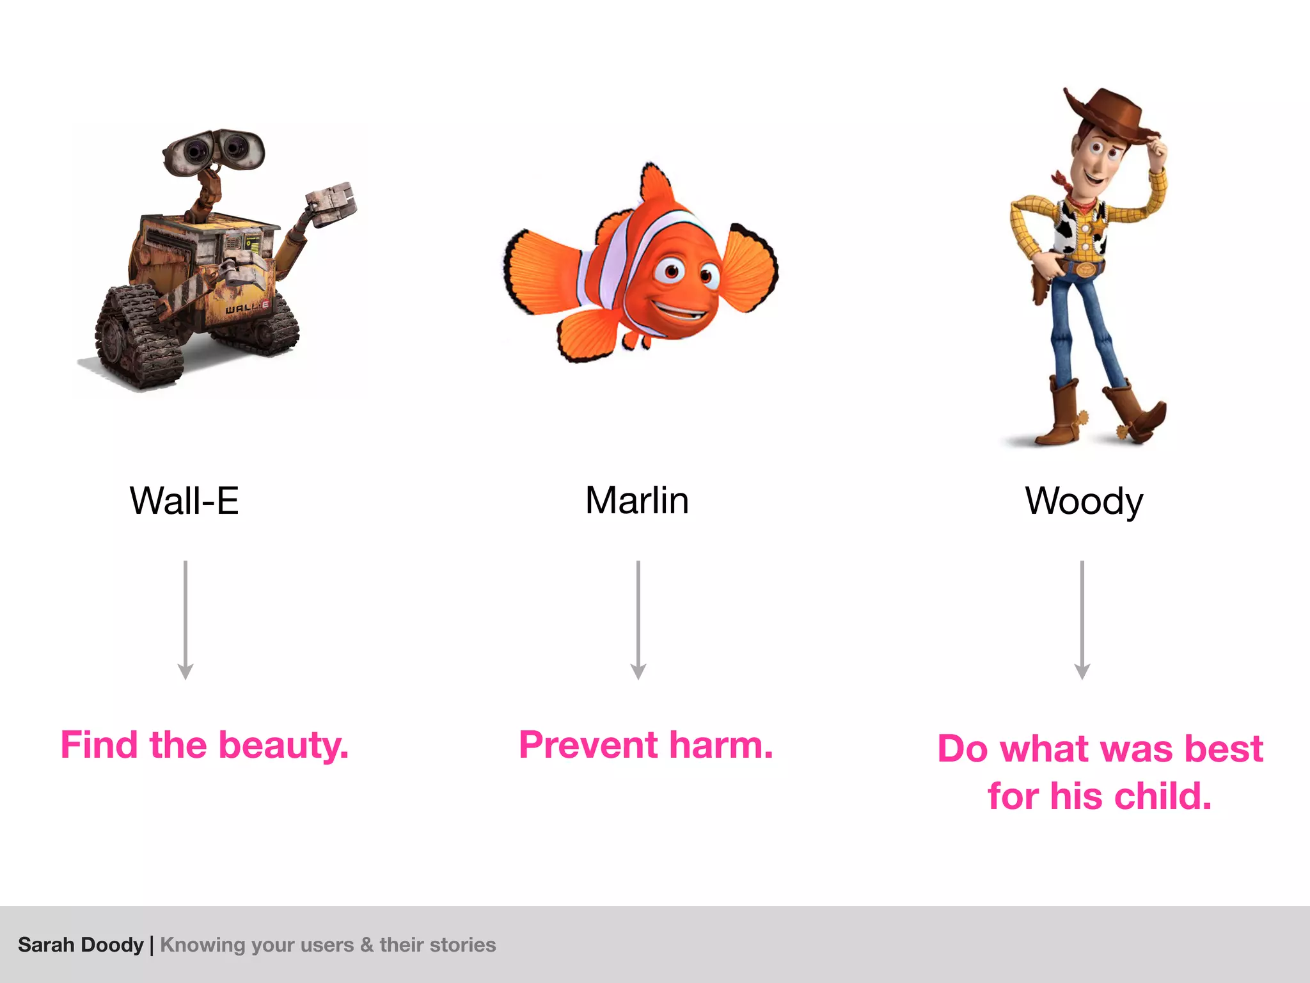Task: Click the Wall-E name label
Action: click(x=184, y=500)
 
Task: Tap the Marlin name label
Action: click(x=637, y=500)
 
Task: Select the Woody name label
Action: click(x=1084, y=502)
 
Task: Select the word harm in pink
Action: click(x=722, y=746)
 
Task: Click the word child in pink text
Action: click(x=1163, y=797)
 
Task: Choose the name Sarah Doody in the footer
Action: click(x=81, y=945)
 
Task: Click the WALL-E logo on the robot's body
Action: click(x=246, y=308)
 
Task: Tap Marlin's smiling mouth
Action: click(x=681, y=313)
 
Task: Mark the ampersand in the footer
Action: click(x=367, y=945)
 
